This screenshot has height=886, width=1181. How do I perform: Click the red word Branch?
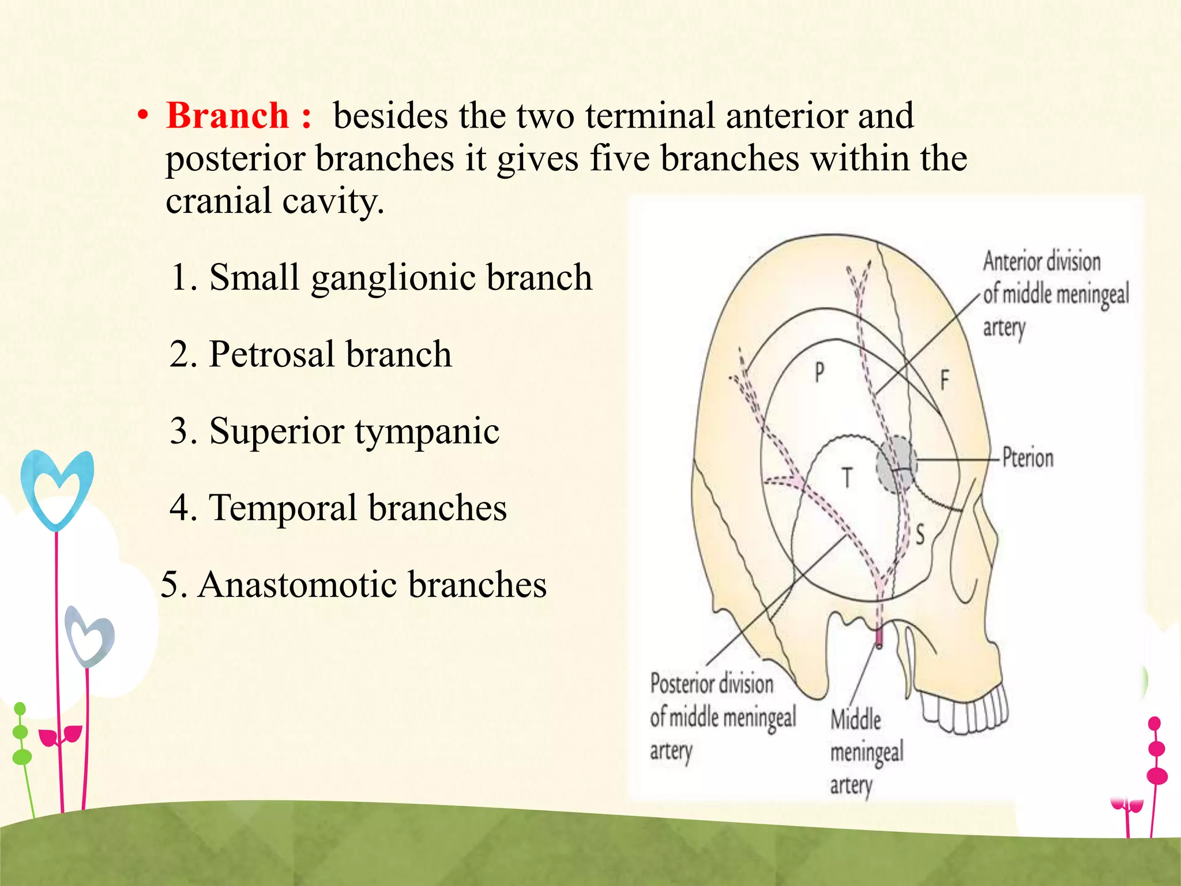227,115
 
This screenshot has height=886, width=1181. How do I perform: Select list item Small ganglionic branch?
381,277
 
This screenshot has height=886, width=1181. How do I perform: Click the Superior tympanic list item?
334,431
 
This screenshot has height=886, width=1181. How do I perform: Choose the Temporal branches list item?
338,508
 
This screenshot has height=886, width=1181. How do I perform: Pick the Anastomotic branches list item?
353,584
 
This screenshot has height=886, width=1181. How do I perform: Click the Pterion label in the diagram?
1028,459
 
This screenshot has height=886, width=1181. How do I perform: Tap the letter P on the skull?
819,373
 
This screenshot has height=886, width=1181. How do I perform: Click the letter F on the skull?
945,380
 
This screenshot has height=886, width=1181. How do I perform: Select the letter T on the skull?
847,478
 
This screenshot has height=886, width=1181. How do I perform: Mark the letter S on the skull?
920,535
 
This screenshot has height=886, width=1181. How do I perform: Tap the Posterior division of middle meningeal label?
722,718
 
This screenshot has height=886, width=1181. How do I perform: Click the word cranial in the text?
219,201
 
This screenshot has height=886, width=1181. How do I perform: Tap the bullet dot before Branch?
142,117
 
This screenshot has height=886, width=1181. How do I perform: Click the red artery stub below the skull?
879,637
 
